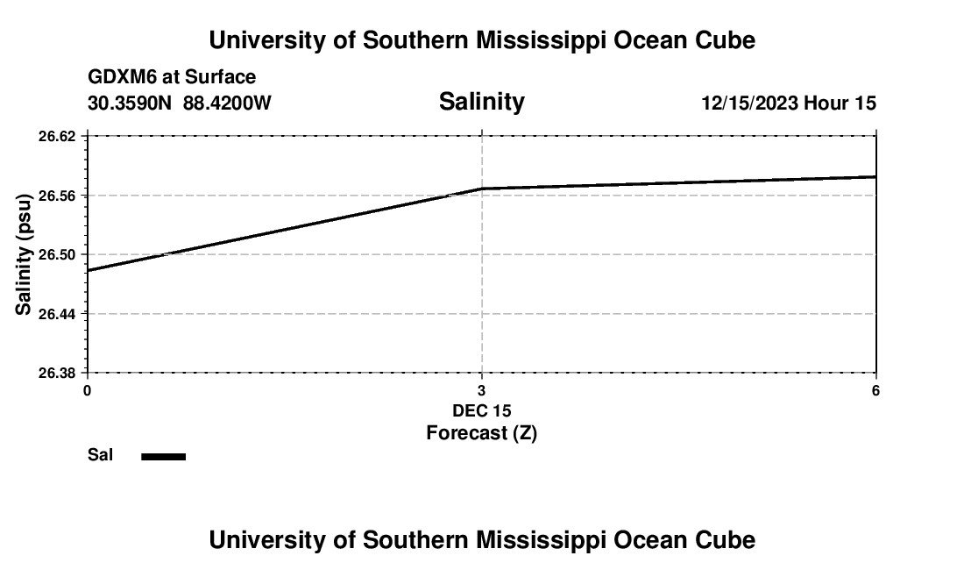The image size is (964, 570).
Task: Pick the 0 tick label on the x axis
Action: [x=87, y=390]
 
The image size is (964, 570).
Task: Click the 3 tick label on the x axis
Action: [x=481, y=390]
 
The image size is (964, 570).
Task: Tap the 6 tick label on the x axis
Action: [x=875, y=390]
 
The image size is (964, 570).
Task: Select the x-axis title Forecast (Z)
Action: [x=481, y=433]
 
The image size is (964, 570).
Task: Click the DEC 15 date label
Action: [x=481, y=410]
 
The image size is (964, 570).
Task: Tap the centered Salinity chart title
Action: [x=481, y=102]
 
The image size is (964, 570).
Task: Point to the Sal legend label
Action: [x=100, y=455]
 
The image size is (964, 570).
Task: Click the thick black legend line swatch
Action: [x=163, y=456]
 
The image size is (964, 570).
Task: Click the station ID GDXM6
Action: [x=119, y=77]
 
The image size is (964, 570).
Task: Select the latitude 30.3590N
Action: [x=131, y=103]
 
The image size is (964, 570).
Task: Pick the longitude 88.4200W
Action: [x=227, y=103]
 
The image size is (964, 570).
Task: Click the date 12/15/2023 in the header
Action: [x=749, y=103]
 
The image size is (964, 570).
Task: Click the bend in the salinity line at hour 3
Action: [x=482, y=189]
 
